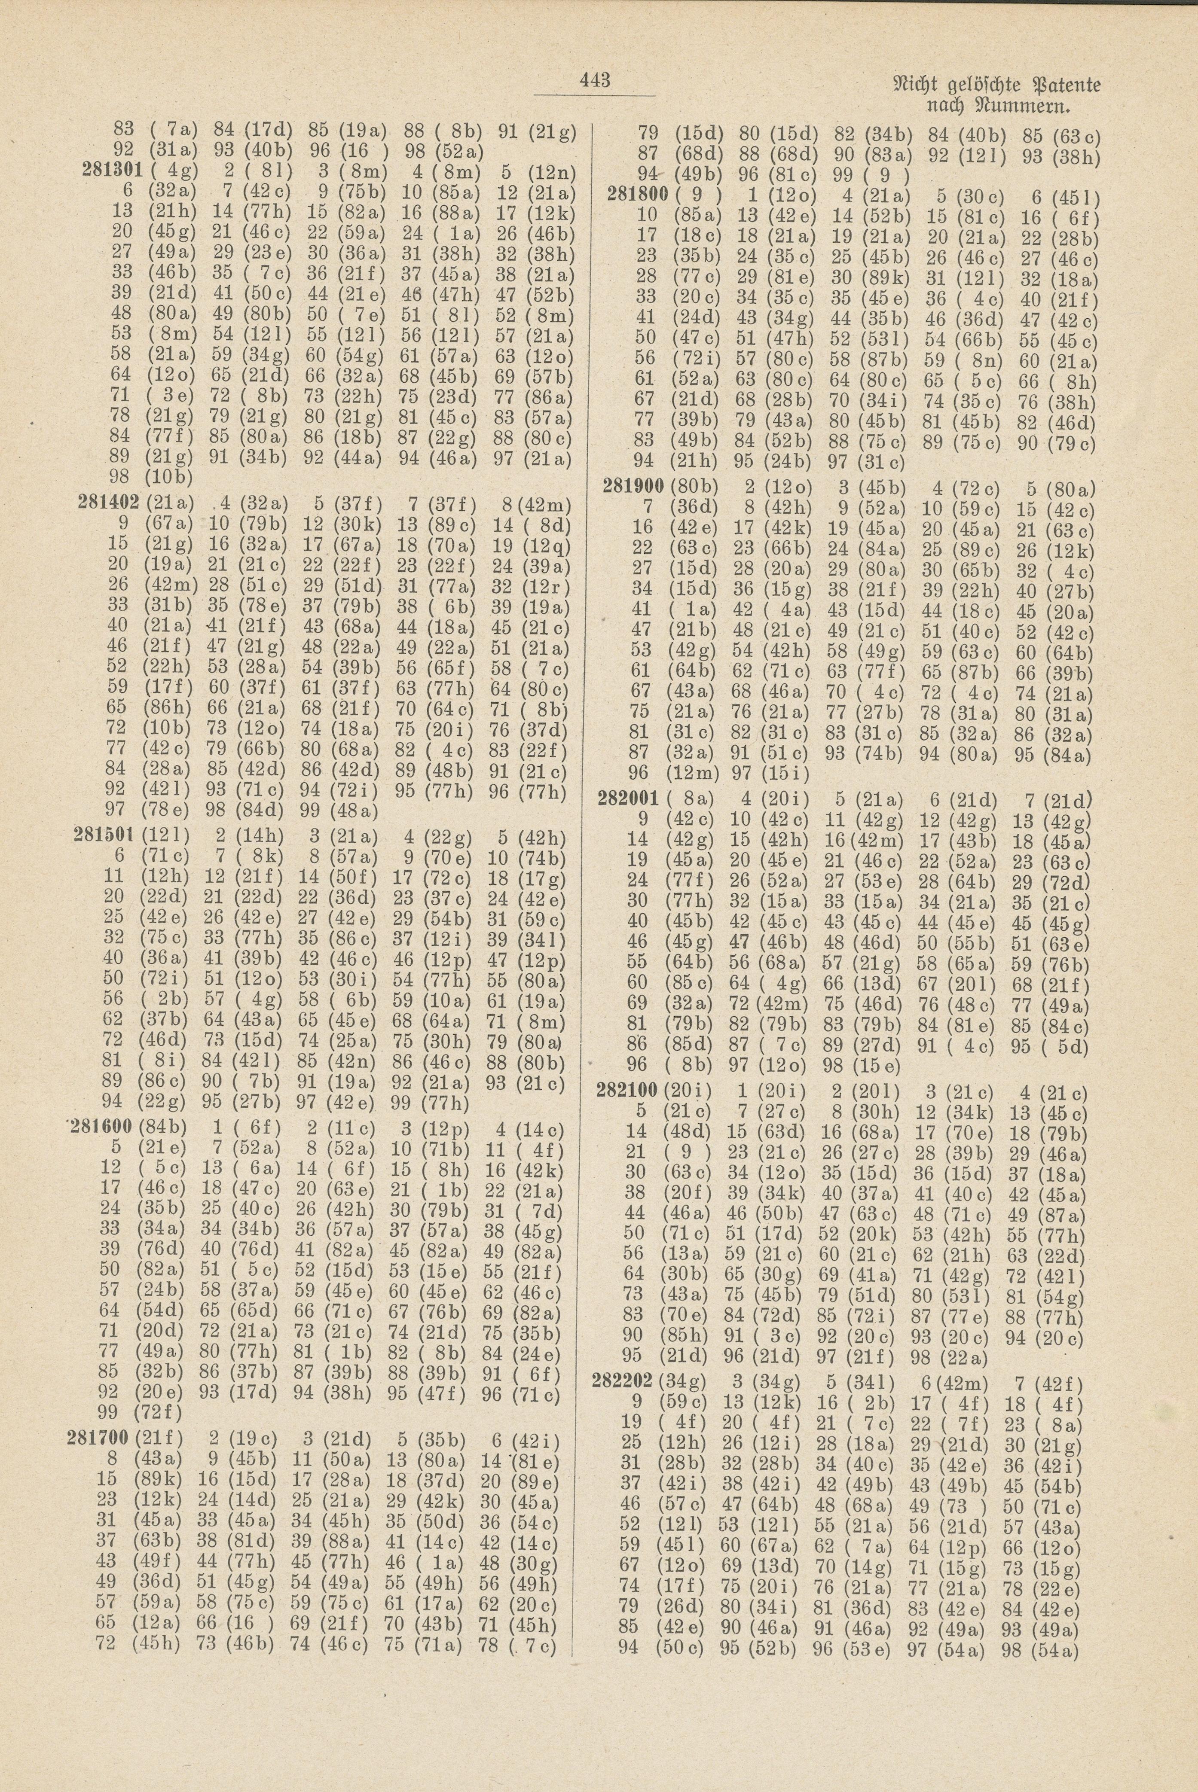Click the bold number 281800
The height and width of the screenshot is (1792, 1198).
(x=636, y=191)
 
